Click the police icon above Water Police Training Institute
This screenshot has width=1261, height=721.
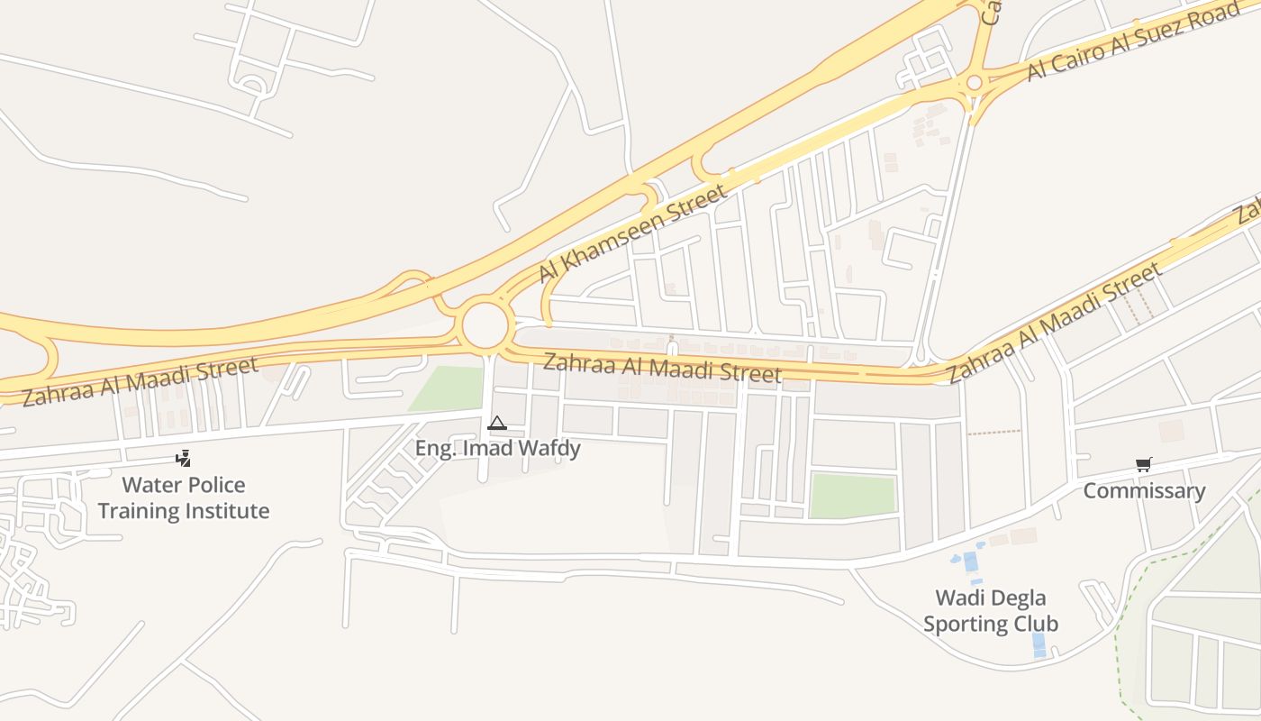184,459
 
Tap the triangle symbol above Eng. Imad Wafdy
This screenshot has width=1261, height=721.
496,423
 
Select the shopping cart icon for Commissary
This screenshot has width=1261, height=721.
1144,465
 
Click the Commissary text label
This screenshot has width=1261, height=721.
1144,491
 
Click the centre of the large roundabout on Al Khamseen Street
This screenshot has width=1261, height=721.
485,325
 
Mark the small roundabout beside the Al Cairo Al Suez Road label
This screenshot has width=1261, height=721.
974,84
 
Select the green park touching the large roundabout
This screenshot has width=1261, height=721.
448,388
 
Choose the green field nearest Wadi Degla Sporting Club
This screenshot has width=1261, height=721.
852,496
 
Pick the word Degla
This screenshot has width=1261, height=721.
1017,598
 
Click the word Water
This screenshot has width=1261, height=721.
151,485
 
